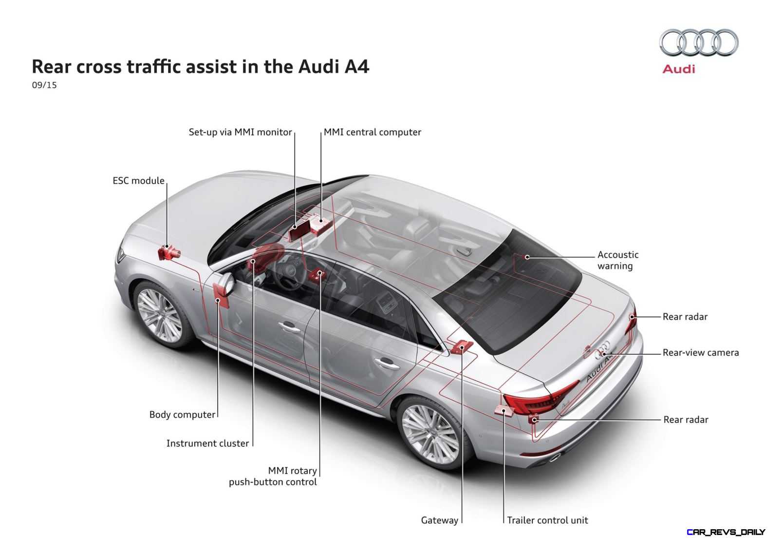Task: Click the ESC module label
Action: pyautogui.click(x=138, y=181)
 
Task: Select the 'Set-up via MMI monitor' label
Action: pyautogui.click(x=240, y=132)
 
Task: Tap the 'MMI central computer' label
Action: pyautogui.click(x=372, y=132)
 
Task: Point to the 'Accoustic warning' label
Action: pyautogui.click(x=618, y=260)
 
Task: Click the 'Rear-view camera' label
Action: pyautogui.click(x=701, y=353)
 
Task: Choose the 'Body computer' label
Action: pyautogui.click(x=182, y=415)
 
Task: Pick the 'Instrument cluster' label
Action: pyautogui.click(x=207, y=443)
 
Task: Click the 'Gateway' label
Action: pyautogui.click(x=440, y=520)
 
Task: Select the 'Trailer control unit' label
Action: pyautogui.click(x=547, y=520)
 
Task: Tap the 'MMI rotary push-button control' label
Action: pyautogui.click(x=273, y=476)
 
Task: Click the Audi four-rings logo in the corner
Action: pyautogui.click(x=699, y=42)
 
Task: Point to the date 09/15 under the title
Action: pyautogui.click(x=44, y=85)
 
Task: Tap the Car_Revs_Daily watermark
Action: pyautogui.click(x=726, y=532)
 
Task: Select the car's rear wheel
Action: pyautogui.click(x=431, y=435)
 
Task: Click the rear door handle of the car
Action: pyautogui.click(x=387, y=364)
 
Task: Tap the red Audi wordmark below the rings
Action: pyautogui.click(x=679, y=69)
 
